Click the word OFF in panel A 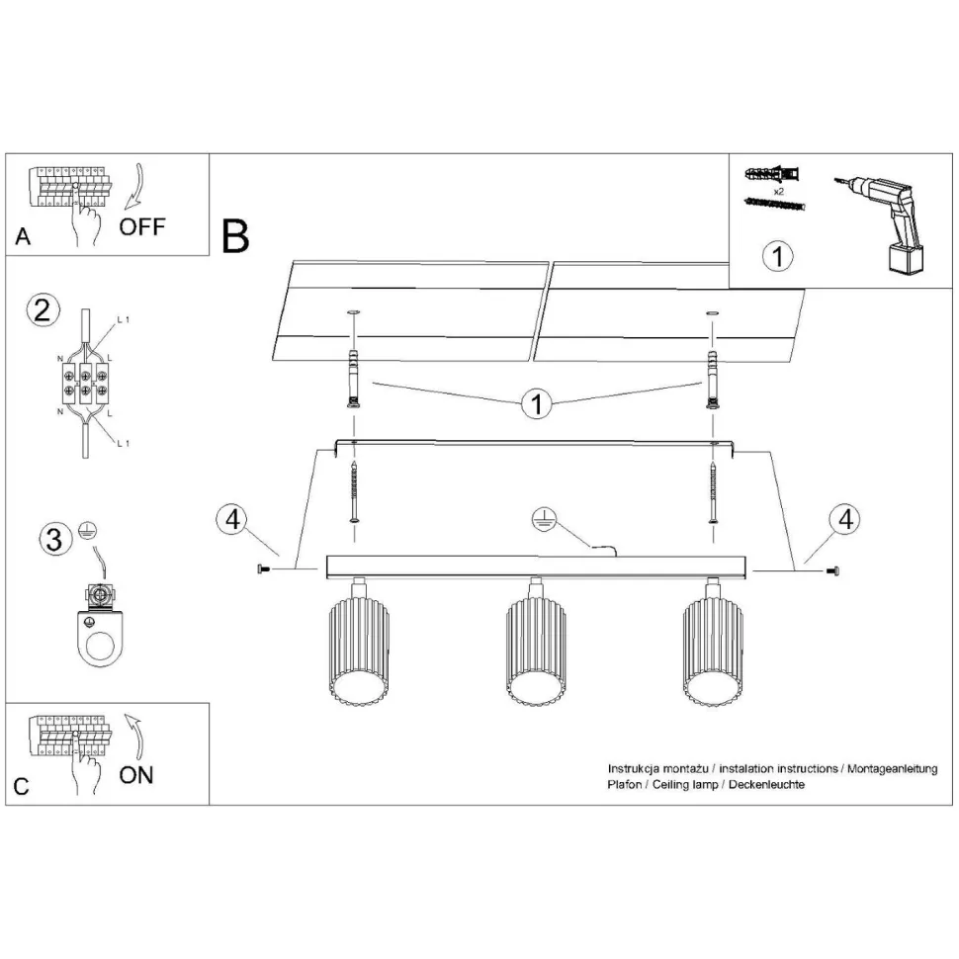[142, 226]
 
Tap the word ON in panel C [136, 774]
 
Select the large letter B [235, 236]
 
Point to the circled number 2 [41, 310]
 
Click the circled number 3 [54, 540]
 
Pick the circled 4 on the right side [843, 520]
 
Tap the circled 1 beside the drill [779, 257]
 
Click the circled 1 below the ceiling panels [537, 403]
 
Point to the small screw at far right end [833, 569]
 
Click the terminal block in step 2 [86, 383]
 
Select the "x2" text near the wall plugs [778, 191]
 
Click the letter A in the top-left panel [24, 236]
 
